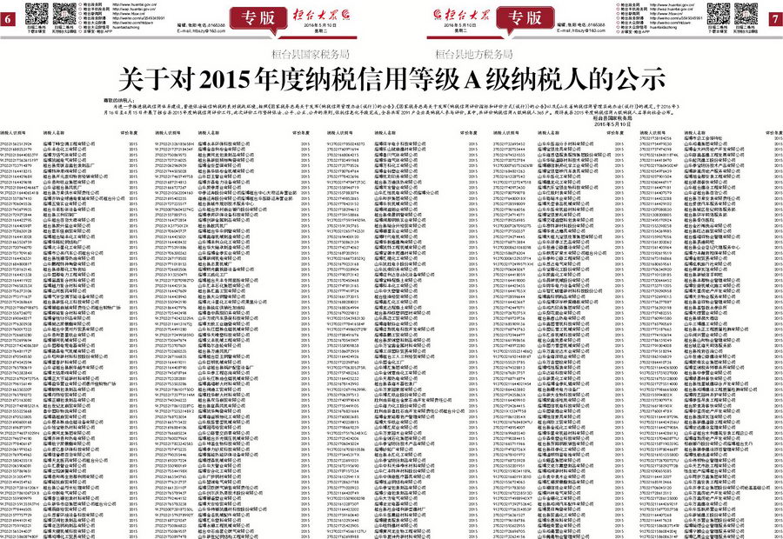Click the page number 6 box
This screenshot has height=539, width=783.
(8, 19)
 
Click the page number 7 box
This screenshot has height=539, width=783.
(774, 19)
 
